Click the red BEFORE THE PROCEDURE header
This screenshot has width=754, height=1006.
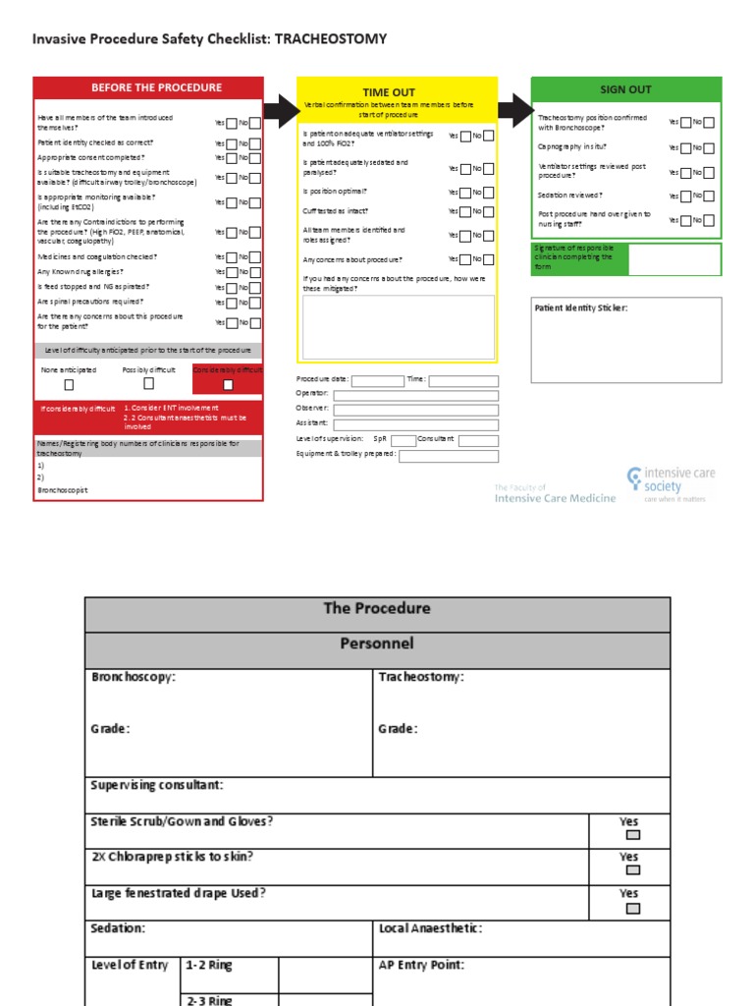click(148, 87)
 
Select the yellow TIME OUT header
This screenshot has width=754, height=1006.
click(389, 92)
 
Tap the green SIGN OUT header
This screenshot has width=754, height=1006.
click(625, 89)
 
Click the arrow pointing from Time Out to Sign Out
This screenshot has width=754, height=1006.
click(513, 110)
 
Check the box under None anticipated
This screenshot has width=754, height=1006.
click(69, 385)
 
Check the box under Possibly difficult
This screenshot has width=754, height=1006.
click(148, 385)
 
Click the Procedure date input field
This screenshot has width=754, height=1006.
click(377, 381)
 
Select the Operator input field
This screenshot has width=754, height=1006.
click(415, 396)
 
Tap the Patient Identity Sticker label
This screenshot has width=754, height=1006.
click(580, 308)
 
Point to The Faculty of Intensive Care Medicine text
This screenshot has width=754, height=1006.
click(555, 493)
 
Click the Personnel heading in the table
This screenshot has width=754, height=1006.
click(377, 644)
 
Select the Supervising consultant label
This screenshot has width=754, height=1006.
click(157, 786)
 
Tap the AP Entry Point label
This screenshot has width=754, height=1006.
click(421, 966)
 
